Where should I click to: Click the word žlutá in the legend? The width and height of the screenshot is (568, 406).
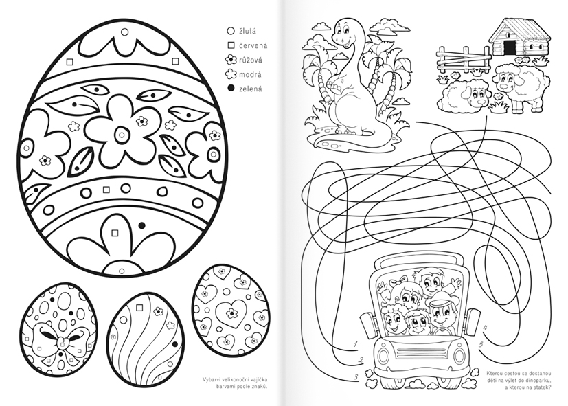point(247,31)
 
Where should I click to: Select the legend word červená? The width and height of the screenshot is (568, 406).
point(253,45)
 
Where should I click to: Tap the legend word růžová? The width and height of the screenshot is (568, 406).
point(251,60)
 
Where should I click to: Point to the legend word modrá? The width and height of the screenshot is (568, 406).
point(250,75)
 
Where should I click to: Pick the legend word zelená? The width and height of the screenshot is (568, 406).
point(250,89)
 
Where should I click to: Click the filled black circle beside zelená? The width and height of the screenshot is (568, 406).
point(231,88)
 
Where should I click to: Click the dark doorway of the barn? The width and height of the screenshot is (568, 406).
point(510,46)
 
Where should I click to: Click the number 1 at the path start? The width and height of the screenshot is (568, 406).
point(356,344)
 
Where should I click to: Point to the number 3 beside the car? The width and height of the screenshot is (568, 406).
point(356,377)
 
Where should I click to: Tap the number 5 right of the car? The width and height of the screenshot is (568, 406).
point(481,344)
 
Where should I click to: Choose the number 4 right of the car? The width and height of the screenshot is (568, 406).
point(485,328)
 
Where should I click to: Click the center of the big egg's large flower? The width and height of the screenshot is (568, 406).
point(122,135)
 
